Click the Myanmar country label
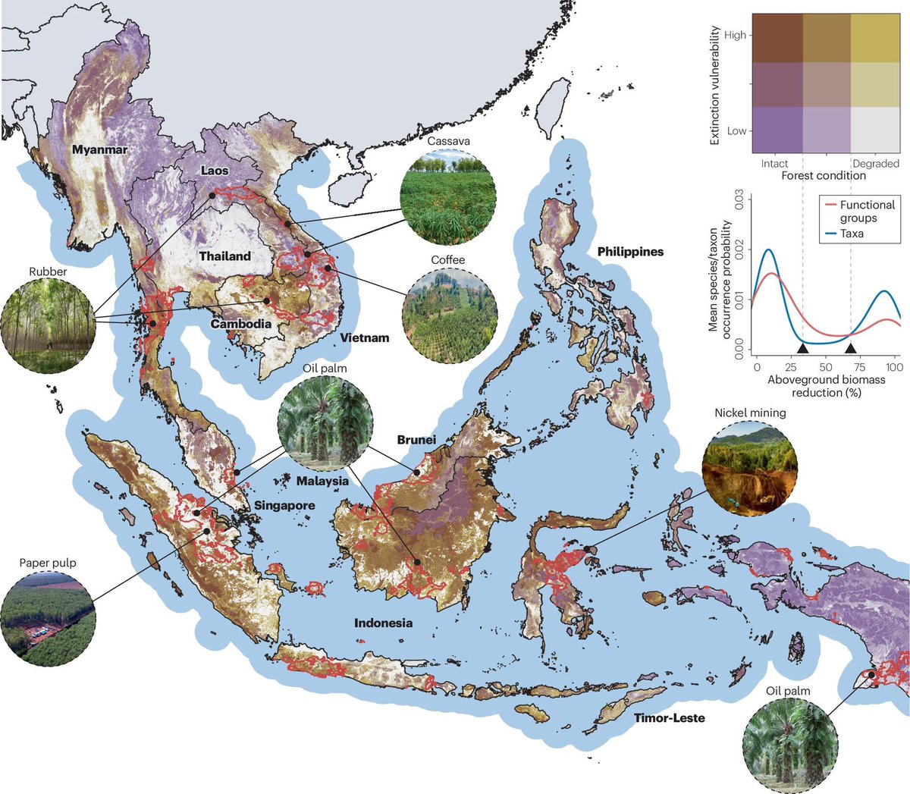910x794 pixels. point(99,149)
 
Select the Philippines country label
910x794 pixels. point(630,252)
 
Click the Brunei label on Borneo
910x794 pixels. point(416,440)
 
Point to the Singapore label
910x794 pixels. point(284,505)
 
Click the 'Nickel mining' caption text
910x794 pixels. point(749,413)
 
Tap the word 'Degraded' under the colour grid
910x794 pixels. point(875,163)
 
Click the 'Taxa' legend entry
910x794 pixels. point(851,234)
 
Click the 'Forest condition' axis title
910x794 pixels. point(823,175)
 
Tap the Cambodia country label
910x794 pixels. point(241,324)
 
